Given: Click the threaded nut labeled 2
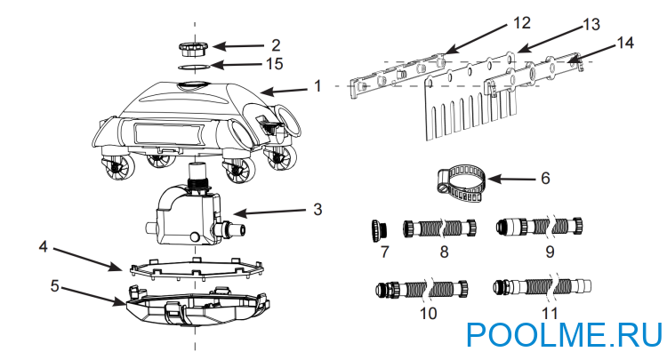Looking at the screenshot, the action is [193, 49].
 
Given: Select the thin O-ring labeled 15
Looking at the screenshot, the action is [194, 67].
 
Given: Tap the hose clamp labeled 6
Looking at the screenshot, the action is [462, 182].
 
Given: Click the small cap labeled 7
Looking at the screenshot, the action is [379, 230].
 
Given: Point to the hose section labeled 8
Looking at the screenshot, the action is [439, 228].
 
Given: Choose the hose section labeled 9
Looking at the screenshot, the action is [540, 227].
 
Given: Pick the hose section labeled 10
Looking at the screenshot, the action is [422, 289].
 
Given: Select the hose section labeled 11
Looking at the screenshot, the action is [542, 287].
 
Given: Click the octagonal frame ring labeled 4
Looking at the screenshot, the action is [197, 268].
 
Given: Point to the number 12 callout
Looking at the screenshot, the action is [521, 23].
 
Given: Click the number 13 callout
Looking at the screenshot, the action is [591, 25].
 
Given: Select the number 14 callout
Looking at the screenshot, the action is [625, 43].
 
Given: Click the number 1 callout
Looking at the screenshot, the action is [317, 86].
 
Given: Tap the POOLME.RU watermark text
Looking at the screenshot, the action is [565, 335].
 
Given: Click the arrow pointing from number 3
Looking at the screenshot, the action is [269, 211].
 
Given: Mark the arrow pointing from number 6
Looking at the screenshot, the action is [511, 180].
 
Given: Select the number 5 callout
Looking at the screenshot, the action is [54, 286].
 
